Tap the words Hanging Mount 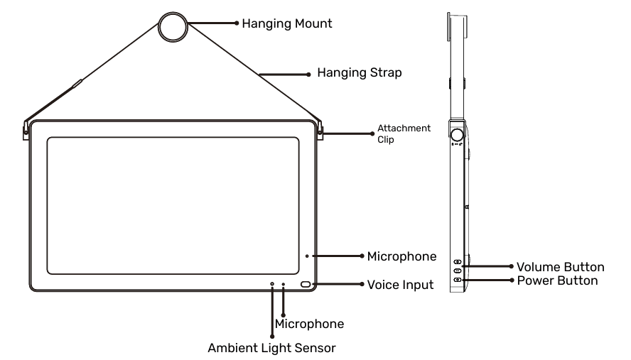pyautogui.click(x=287, y=23)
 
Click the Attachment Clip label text pyautogui.click(x=404, y=134)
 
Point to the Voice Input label pyautogui.click(x=400, y=284)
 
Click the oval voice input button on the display pyautogui.click(x=307, y=285)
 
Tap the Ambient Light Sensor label pyautogui.click(x=271, y=348)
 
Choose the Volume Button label pyautogui.click(x=560, y=267)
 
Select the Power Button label pyautogui.click(x=557, y=280)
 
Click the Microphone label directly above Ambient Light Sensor pyautogui.click(x=309, y=324)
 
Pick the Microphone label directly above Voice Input pyautogui.click(x=401, y=256)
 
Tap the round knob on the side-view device pyautogui.click(x=458, y=133)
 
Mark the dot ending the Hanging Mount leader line pyautogui.click(x=237, y=23)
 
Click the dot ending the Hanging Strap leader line pyautogui.click(x=308, y=73)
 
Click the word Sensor pyautogui.click(x=316, y=348)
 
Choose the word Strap pyautogui.click(x=387, y=72)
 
